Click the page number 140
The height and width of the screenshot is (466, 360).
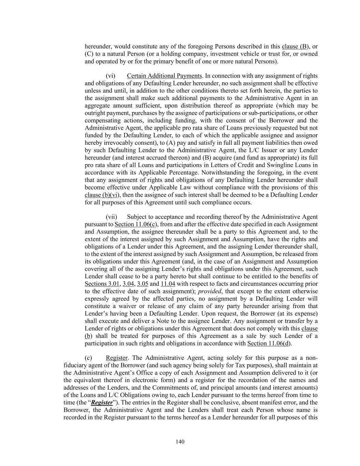click(x=180, y=442)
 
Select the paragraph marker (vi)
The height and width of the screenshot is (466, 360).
click(x=111, y=76)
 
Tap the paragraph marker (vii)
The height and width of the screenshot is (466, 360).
click(x=112, y=217)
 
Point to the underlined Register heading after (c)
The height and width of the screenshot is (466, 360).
click(x=117, y=358)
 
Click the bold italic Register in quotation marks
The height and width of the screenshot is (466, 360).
click(x=102, y=403)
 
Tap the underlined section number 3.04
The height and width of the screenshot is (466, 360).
click(x=128, y=284)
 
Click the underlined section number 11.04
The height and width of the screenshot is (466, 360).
click(x=168, y=284)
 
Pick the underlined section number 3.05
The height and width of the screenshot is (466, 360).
click(x=143, y=284)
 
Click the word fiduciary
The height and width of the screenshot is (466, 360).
click(x=75, y=365)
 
